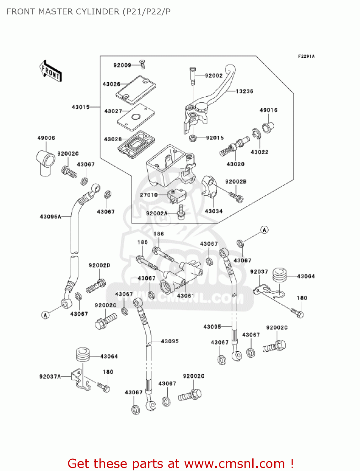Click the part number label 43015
[x=81, y=107]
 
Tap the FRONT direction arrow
[x=51, y=71]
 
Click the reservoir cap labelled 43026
[x=136, y=89]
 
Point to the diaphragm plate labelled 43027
[x=136, y=117]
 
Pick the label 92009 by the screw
[x=122, y=65]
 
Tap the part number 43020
[x=235, y=164]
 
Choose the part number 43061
[x=185, y=295]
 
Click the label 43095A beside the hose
[x=51, y=217]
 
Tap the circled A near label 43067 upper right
[x=265, y=230]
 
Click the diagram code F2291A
[x=306, y=57]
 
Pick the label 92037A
[x=50, y=376]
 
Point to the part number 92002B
[x=236, y=181]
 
